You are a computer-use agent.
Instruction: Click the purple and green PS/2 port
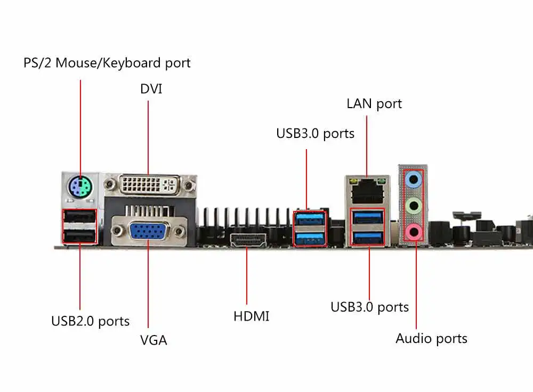(x=80, y=187)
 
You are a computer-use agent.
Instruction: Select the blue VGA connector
(x=149, y=231)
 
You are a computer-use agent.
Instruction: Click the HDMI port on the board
(x=248, y=240)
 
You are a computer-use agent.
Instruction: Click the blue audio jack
(x=414, y=179)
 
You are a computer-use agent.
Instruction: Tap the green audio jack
(x=414, y=206)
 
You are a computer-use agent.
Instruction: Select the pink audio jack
(x=414, y=232)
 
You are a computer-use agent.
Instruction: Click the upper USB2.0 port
(x=79, y=217)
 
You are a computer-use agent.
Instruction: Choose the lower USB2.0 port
(x=79, y=236)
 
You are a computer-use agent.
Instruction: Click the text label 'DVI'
(x=151, y=89)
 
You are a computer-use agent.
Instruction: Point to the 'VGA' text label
(x=154, y=340)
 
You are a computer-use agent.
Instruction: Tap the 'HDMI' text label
(x=251, y=316)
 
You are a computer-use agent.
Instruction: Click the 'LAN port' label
(x=374, y=104)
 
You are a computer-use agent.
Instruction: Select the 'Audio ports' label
(x=431, y=339)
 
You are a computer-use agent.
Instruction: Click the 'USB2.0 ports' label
(x=91, y=321)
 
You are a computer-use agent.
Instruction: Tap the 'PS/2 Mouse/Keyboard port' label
(x=107, y=63)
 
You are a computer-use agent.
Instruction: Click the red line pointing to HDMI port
(x=247, y=275)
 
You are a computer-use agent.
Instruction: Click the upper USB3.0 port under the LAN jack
(x=367, y=217)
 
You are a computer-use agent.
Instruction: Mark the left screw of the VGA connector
(x=118, y=231)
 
